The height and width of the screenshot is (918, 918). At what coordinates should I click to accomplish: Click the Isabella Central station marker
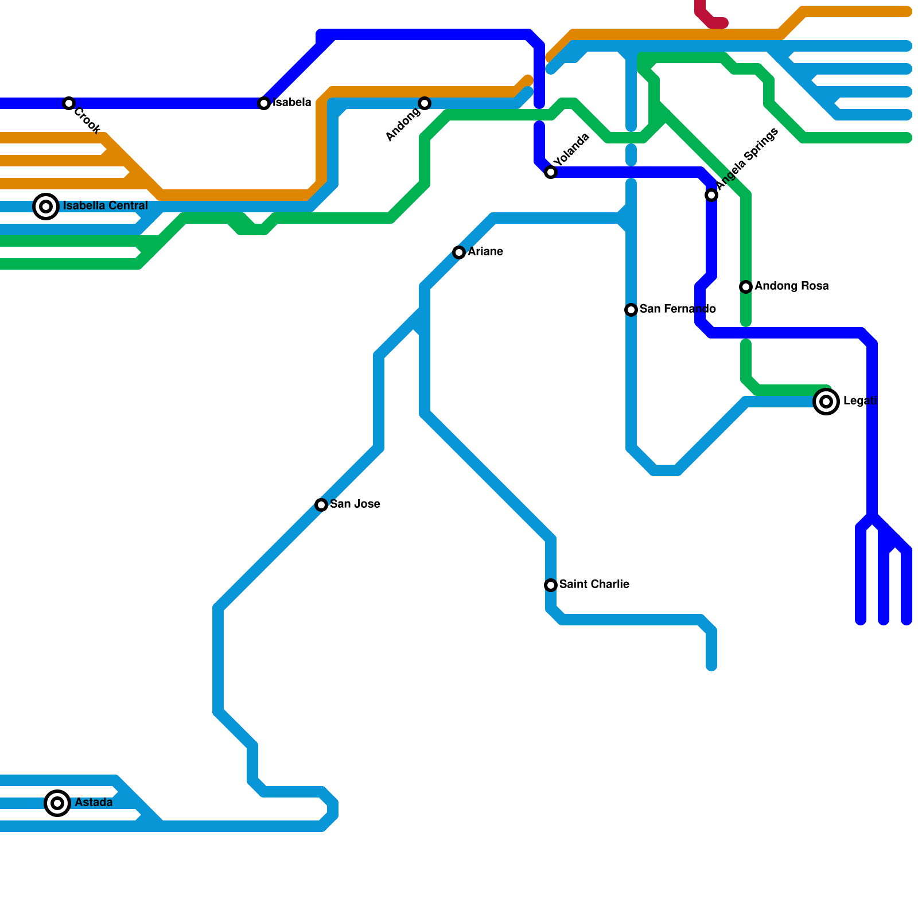[x=46, y=207]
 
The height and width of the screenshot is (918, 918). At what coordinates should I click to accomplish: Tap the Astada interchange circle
[x=57, y=803]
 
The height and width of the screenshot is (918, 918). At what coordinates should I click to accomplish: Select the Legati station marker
[x=826, y=402]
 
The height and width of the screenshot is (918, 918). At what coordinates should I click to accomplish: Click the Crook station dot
[x=69, y=103]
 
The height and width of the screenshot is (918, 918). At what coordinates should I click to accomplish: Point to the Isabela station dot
[x=264, y=103]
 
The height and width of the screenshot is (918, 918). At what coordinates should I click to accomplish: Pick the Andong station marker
[x=425, y=103]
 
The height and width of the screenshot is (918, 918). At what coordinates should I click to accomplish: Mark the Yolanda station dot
[x=551, y=172]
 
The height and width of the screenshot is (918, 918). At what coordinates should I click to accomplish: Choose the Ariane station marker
[x=459, y=252]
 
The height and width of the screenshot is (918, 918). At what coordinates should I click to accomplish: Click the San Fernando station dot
[x=631, y=310]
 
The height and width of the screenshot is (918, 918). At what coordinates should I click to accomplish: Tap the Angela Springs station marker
[x=711, y=195]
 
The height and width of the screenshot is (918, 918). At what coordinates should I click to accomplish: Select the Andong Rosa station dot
[x=746, y=287]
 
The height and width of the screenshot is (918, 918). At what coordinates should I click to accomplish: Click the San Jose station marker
[x=321, y=505]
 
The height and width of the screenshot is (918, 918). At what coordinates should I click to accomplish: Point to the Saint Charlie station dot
[x=551, y=585]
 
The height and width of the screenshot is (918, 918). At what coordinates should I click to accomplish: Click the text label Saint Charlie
[x=594, y=584]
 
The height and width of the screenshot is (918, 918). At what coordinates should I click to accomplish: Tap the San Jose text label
[x=355, y=504]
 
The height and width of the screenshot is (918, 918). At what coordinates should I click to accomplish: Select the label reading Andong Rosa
[x=792, y=286]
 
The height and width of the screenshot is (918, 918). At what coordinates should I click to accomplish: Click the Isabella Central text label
[x=106, y=205]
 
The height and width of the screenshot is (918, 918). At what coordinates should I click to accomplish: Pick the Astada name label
[x=94, y=802]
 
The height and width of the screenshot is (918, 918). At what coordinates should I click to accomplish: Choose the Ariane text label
[x=485, y=251]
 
